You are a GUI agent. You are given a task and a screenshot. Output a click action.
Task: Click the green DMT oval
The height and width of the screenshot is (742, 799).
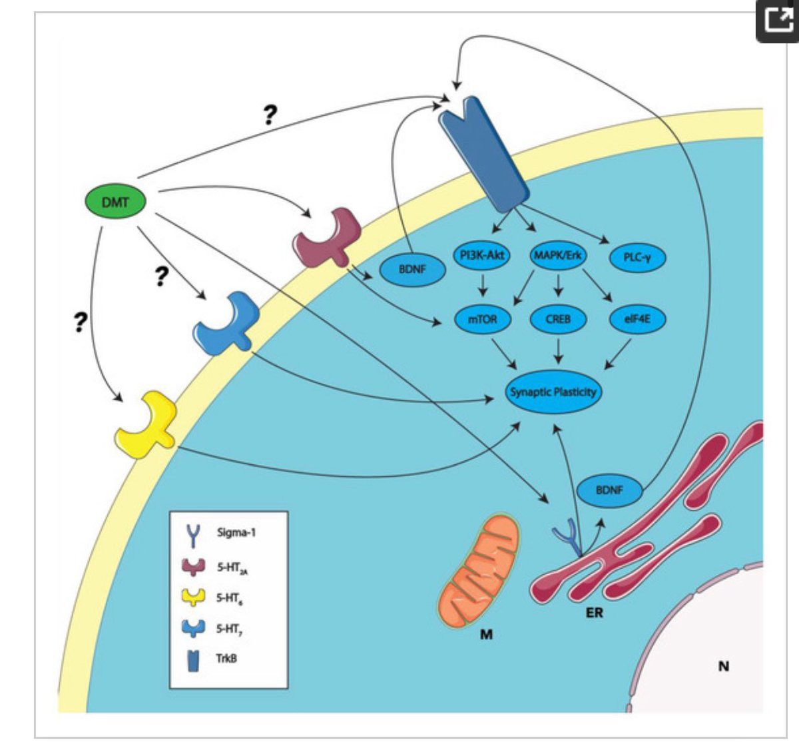click(115, 202)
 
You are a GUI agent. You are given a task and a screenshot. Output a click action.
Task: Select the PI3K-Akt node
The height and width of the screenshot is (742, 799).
click(482, 255)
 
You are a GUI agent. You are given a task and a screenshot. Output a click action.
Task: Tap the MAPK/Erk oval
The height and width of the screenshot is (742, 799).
click(557, 255)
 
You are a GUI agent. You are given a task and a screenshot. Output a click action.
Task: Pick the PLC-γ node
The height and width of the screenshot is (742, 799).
click(638, 258)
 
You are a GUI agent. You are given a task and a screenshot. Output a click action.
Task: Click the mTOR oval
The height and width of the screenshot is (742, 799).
click(482, 319)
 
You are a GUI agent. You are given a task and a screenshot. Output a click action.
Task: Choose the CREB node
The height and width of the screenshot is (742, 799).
click(558, 319)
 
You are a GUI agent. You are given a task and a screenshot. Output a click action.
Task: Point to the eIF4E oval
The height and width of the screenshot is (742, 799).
click(638, 319)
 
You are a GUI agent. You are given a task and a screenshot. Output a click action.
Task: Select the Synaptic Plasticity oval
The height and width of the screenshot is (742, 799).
click(553, 392)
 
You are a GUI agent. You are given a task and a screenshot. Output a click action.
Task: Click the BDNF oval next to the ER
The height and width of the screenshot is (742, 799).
click(609, 490)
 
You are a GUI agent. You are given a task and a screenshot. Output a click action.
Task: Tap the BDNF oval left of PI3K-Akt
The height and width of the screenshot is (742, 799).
click(412, 270)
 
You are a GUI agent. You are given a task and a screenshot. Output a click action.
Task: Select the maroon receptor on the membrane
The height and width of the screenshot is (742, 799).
click(327, 238)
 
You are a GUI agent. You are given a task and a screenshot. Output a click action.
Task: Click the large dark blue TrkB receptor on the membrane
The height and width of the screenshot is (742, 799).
click(483, 154)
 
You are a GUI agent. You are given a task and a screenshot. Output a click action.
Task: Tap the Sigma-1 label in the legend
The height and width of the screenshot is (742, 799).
click(236, 533)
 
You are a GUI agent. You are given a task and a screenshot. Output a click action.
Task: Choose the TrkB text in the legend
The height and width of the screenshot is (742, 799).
click(226, 658)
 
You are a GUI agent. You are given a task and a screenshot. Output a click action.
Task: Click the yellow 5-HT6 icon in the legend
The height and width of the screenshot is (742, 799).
click(194, 597)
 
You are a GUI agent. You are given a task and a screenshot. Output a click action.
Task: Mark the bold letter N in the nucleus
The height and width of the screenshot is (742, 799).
click(724, 666)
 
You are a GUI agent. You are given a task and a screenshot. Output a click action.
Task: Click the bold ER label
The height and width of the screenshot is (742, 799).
click(595, 613)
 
